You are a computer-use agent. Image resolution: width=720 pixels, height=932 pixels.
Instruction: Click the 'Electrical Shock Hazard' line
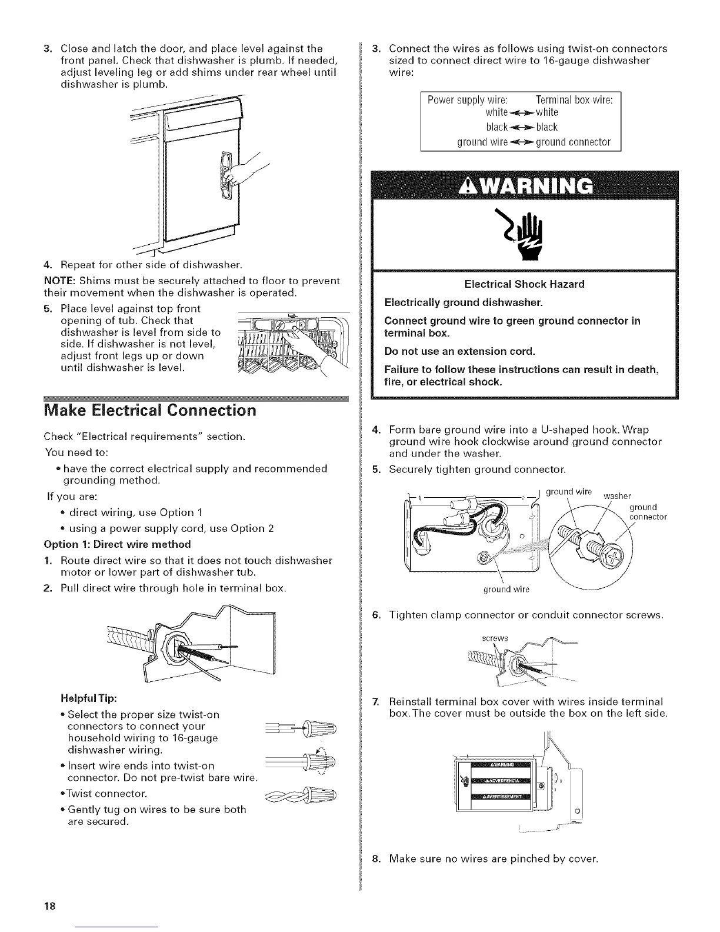(524, 284)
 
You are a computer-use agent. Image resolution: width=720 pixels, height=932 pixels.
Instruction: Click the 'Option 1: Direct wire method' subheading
(118, 543)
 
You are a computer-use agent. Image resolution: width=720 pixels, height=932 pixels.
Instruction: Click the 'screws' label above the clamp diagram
(494, 638)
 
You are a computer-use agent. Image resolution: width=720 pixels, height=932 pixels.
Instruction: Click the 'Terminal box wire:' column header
(575, 99)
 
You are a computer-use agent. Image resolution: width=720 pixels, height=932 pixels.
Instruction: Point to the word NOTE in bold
(57, 281)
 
